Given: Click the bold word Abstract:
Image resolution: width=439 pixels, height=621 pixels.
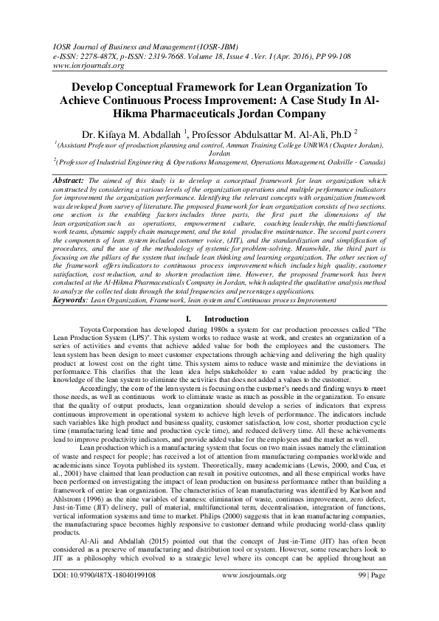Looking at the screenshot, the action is (x=70, y=179).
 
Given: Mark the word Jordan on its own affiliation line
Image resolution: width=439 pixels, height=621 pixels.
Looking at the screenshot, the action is (x=220, y=155).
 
